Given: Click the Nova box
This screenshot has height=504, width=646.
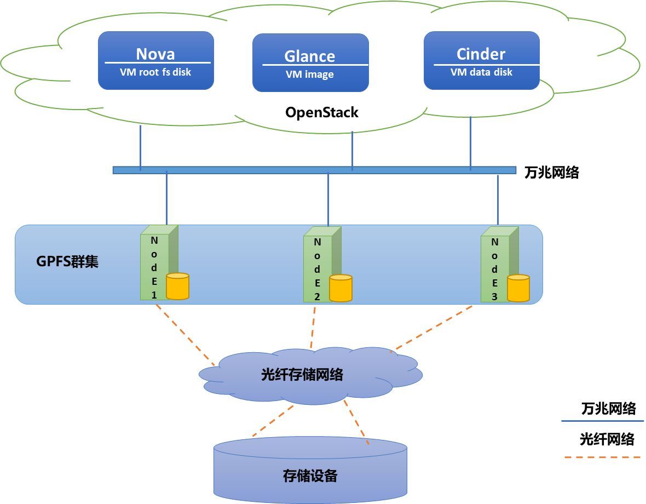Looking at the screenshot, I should (x=155, y=60).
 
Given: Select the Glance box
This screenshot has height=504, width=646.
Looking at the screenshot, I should (x=310, y=62).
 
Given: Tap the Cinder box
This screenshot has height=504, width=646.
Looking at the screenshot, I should (x=481, y=60).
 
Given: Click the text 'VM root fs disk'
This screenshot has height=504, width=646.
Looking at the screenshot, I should (x=155, y=72).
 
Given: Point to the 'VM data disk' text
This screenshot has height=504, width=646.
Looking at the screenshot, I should (x=481, y=72).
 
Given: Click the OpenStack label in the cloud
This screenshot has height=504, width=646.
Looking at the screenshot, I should (x=321, y=113).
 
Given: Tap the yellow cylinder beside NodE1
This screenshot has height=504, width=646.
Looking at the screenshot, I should (x=177, y=286).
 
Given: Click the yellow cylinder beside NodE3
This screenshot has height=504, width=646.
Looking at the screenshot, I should (x=518, y=288).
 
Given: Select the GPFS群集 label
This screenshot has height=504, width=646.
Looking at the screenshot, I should (x=67, y=261).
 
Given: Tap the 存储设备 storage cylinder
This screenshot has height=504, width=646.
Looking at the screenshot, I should (x=310, y=470).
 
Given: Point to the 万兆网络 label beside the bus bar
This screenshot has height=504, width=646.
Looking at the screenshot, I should (x=551, y=173).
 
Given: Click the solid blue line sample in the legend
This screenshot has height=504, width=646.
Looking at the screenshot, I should (x=602, y=421).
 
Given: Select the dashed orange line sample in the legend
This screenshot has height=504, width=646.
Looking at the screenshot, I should (x=602, y=456).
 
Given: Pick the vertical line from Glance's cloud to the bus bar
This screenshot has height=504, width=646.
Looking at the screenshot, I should (x=352, y=149).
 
